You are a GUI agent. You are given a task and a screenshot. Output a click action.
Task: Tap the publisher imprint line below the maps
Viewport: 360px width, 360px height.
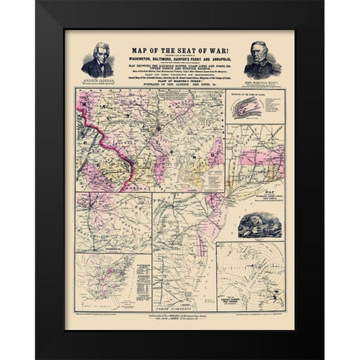point(180,318)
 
